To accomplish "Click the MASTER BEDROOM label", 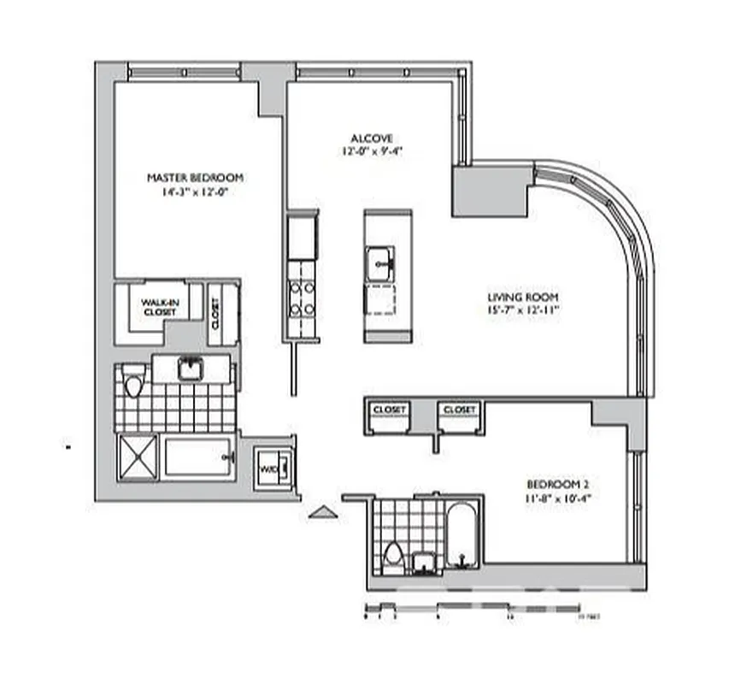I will tap(195, 178).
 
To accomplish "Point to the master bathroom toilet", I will tap(132, 384).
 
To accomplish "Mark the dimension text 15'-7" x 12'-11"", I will tap(519, 310).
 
